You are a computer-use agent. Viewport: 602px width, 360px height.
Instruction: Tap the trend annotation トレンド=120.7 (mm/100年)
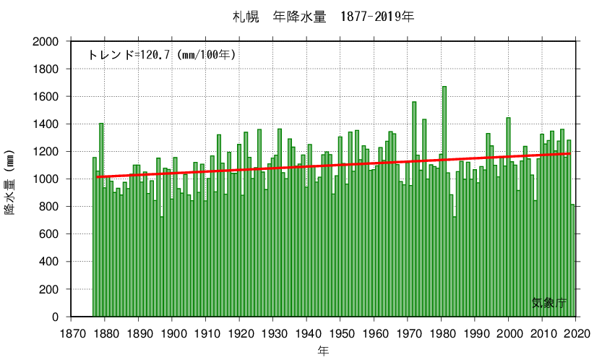162,55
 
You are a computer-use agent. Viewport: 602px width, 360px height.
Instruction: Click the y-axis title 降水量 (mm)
10,187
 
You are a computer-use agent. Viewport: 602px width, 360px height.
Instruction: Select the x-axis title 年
323,351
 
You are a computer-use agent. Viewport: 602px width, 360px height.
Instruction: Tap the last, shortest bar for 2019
572,260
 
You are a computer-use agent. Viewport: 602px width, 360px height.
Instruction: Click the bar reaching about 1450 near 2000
508,217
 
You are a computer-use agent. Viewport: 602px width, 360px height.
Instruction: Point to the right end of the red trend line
569,154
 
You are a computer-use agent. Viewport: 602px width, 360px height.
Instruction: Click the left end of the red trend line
97,176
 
